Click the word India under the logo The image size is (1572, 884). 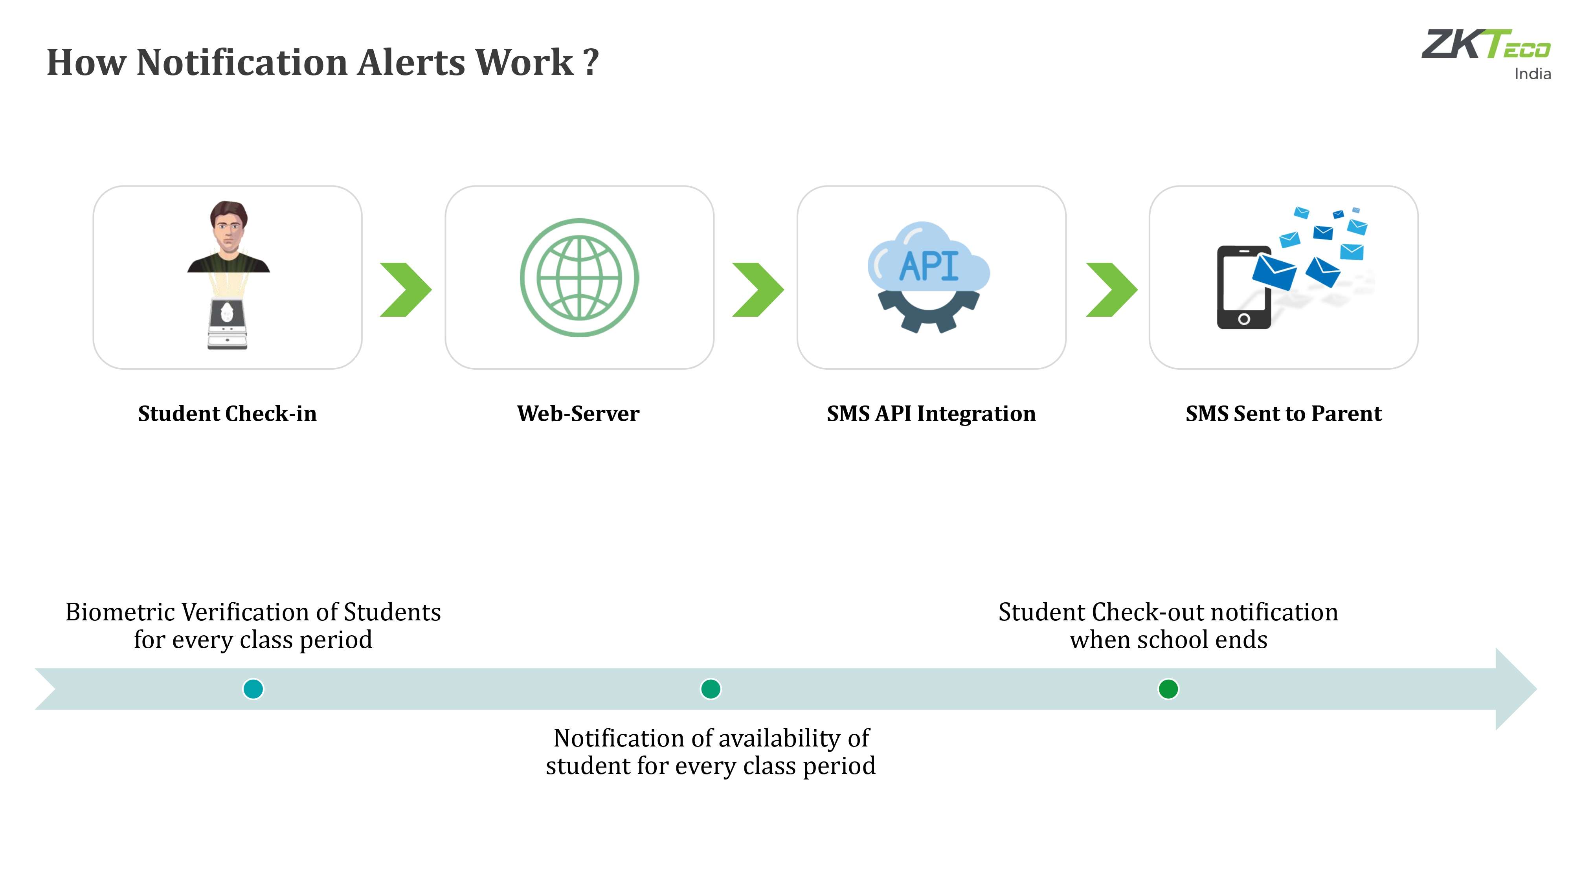tap(1532, 74)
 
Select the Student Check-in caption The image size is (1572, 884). tap(227, 414)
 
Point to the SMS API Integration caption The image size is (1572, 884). tap(931, 414)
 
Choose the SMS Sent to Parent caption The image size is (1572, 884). tap(1284, 414)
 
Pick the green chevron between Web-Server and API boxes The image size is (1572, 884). tap(758, 290)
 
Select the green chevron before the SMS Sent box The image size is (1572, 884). tap(1111, 290)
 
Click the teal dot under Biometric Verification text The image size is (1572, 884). tap(253, 689)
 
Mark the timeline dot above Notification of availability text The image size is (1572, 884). tap(710, 689)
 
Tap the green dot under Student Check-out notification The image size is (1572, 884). tap(1168, 689)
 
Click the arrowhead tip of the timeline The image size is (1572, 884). tap(1536, 689)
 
